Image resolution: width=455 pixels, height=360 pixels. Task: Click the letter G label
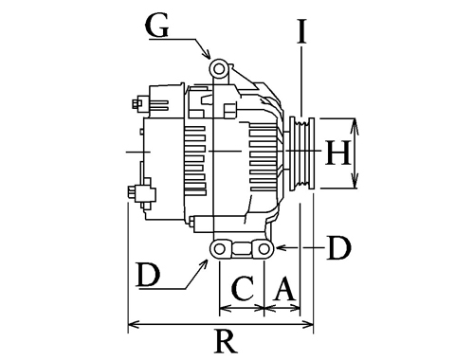157,26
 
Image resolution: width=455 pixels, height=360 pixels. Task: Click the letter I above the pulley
301,30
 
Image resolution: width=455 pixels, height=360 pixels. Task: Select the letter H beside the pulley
337,153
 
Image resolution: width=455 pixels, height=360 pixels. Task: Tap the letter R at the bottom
226,341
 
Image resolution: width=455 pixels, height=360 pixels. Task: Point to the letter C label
243,289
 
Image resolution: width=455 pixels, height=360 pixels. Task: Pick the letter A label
285,288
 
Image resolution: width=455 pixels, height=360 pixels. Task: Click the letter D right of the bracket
339,248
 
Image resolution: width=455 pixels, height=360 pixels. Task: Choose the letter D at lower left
149,275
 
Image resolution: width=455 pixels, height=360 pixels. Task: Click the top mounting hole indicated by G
219,69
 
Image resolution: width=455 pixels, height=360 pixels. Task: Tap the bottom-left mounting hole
219,249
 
